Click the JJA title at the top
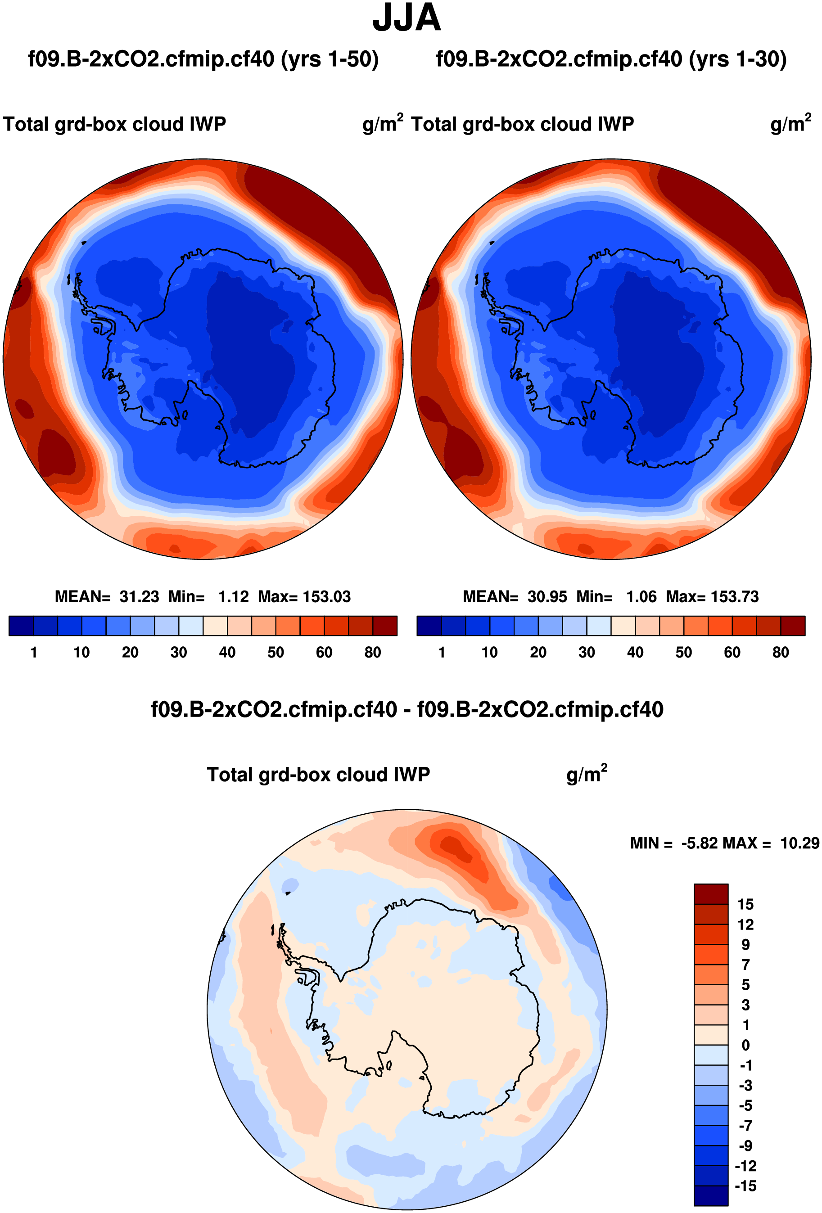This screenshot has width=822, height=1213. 406,18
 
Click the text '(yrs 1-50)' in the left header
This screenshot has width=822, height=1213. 330,59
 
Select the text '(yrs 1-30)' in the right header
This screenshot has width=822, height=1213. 737,59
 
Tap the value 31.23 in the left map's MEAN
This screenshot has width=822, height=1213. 139,596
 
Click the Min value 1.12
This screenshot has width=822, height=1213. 233,596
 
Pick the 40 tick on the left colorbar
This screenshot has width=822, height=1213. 227,653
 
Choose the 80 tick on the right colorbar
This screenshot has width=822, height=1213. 780,653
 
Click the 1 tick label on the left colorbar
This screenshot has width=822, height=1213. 34,653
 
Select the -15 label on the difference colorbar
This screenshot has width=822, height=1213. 745,1186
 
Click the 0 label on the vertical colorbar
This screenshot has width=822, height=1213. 745,1046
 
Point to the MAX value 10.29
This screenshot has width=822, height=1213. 799,843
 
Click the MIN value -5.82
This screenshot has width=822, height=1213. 700,843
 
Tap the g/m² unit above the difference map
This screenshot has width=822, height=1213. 587,775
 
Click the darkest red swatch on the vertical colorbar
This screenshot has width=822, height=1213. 711,894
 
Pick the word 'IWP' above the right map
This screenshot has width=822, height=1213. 616,124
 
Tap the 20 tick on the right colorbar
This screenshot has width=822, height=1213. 538,653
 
